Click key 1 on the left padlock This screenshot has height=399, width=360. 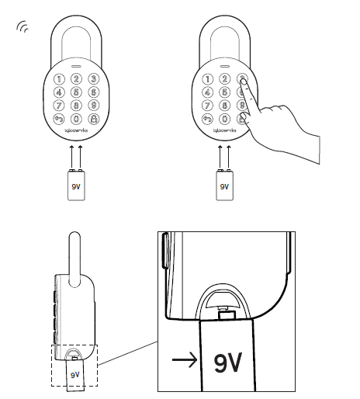(x=59, y=78)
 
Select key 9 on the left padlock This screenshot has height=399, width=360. (x=93, y=106)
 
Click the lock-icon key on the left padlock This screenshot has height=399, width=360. (x=93, y=120)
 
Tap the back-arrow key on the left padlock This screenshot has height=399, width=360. (x=59, y=120)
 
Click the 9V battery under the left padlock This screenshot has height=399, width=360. (x=75, y=186)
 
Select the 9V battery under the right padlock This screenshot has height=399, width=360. (x=225, y=186)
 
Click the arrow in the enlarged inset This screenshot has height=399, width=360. (x=185, y=359)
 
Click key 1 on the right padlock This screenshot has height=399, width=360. (x=208, y=78)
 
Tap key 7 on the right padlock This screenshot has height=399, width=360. (x=208, y=106)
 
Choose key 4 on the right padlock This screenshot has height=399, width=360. (x=208, y=92)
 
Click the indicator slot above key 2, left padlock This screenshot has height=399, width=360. (x=75, y=68)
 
